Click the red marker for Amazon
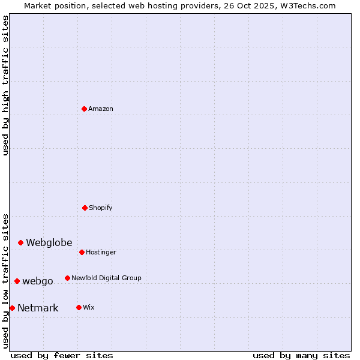coord(85,109)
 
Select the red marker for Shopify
coord(85,208)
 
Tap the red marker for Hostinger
coord(82,252)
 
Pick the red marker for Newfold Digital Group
coord(68,278)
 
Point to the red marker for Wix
coord(79,307)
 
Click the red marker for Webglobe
coord(21,242)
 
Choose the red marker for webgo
coord(17,281)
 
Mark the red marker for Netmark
coord(13,308)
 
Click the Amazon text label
coord(101,109)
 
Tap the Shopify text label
coord(101,208)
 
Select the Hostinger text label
coord(101,252)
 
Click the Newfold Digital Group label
coord(106,278)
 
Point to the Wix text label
coord(89,307)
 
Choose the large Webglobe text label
coord(49,242)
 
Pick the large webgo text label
coord(38,281)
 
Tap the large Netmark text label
coord(38,308)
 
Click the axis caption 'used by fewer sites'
coord(62,355)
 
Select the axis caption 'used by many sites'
coord(301,355)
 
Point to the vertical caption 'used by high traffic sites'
coord(5,85)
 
